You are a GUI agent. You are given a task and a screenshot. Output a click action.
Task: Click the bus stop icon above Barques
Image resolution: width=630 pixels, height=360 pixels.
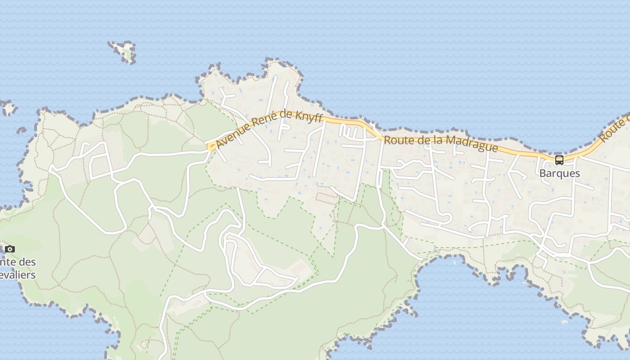[559, 160]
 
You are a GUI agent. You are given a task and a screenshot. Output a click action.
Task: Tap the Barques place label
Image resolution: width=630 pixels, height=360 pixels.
[559, 173]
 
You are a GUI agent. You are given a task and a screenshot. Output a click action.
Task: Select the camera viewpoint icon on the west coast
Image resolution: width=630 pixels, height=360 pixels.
[10, 249]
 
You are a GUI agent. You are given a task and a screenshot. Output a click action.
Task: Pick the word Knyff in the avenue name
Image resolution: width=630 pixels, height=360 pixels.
[310, 117]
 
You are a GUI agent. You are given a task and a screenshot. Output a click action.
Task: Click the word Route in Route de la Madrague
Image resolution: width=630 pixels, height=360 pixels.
[397, 140]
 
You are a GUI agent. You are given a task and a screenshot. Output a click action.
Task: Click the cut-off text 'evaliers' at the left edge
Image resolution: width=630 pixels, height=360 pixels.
[18, 274]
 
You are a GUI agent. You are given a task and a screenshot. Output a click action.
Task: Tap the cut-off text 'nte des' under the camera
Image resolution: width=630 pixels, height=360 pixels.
[18, 262]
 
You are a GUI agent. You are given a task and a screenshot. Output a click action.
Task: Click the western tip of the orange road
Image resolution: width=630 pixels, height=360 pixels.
[210, 147]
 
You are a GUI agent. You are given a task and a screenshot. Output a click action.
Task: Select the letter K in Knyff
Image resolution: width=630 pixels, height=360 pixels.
[301, 117]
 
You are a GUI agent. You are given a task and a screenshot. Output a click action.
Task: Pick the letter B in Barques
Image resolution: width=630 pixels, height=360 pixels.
[543, 174]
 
